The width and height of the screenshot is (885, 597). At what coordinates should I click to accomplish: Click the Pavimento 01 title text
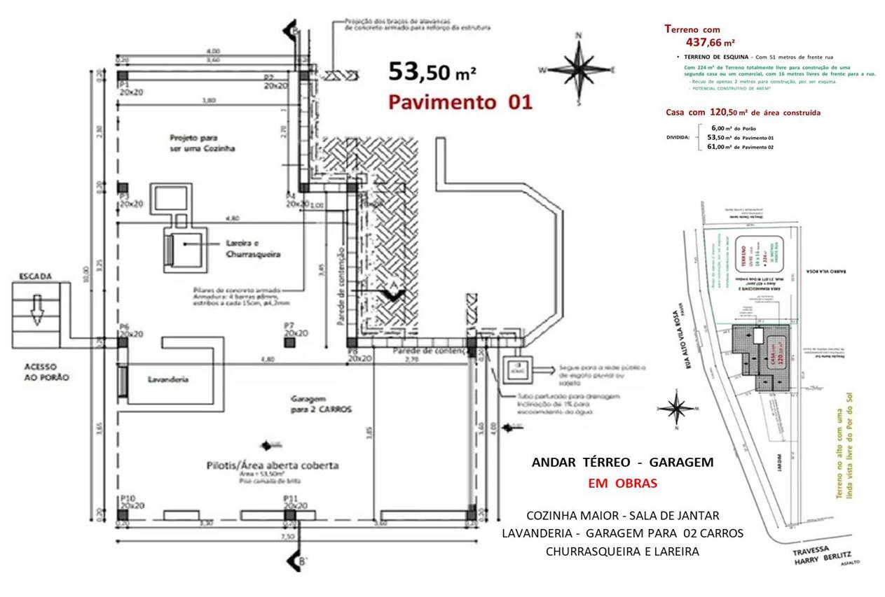click(460, 102)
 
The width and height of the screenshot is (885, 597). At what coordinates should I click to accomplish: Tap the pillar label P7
click(289, 325)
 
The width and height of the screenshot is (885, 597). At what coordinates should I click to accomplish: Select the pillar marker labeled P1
click(123, 76)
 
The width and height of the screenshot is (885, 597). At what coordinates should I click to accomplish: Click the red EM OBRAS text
click(622, 484)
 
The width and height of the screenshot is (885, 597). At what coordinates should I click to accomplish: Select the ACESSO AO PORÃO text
click(43, 371)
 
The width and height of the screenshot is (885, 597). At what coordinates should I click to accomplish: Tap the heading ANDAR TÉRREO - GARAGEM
click(622, 463)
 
